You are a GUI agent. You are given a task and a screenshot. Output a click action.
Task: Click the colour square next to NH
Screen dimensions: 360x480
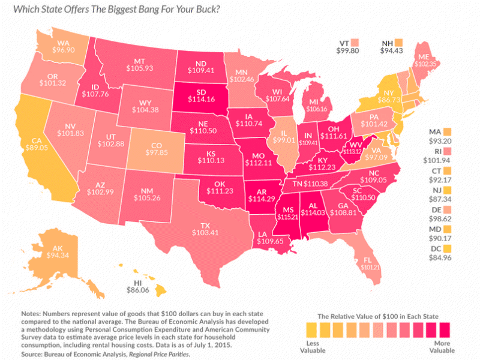point(399,44)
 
